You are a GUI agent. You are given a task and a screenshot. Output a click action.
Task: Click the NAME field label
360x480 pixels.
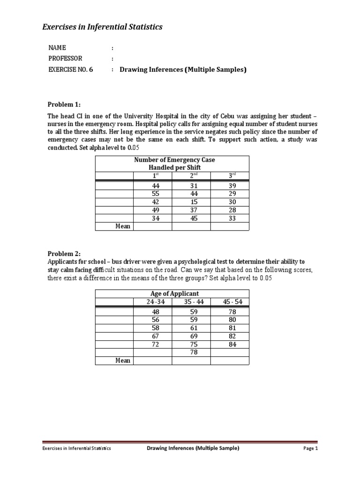click(58, 48)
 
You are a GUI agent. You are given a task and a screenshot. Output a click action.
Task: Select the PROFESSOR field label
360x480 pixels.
click(65, 59)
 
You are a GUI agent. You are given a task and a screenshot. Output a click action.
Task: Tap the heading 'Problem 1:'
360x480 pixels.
click(64, 104)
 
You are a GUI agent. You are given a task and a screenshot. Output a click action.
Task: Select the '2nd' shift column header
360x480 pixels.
click(191, 175)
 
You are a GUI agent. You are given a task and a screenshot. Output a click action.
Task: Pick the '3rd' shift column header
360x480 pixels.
click(230, 175)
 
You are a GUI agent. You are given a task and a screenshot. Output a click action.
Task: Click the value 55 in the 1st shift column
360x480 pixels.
click(153, 194)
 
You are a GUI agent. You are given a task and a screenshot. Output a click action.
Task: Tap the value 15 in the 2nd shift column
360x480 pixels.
click(191, 202)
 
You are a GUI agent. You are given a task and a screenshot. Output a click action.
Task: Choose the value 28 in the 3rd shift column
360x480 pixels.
click(230, 210)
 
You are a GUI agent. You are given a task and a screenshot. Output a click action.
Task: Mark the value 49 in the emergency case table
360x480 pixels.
click(153, 210)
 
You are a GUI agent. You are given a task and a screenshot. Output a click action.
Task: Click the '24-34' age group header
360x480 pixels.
click(153, 302)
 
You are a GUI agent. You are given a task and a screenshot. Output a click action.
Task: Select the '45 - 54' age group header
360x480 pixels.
click(230, 302)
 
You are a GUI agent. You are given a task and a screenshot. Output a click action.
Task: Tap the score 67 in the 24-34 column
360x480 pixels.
click(153, 336)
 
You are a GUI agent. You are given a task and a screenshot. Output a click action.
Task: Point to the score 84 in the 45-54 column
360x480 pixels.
click(230, 344)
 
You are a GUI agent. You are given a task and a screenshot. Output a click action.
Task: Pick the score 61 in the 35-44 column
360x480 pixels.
click(191, 328)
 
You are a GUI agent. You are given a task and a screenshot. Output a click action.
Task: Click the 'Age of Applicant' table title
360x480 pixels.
click(172, 294)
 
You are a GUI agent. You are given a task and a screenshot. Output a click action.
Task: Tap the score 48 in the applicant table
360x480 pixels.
click(153, 312)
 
